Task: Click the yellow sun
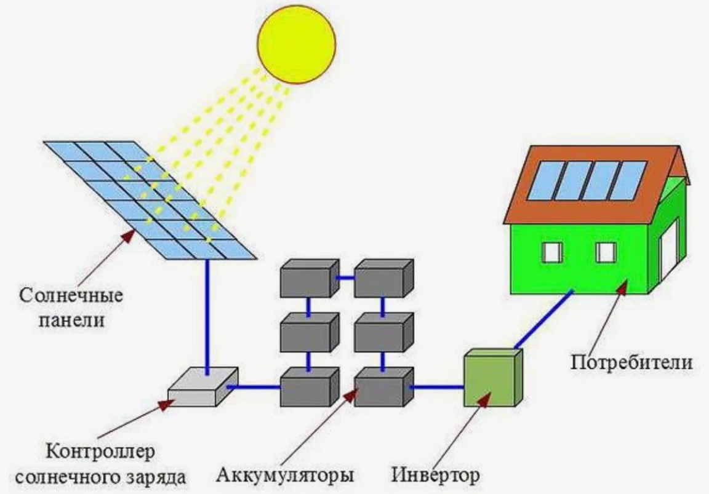[x=297, y=41]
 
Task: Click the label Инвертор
[x=435, y=475]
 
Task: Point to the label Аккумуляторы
[x=285, y=475]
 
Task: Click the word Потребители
[x=631, y=361]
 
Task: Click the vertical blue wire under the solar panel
[x=208, y=314]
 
